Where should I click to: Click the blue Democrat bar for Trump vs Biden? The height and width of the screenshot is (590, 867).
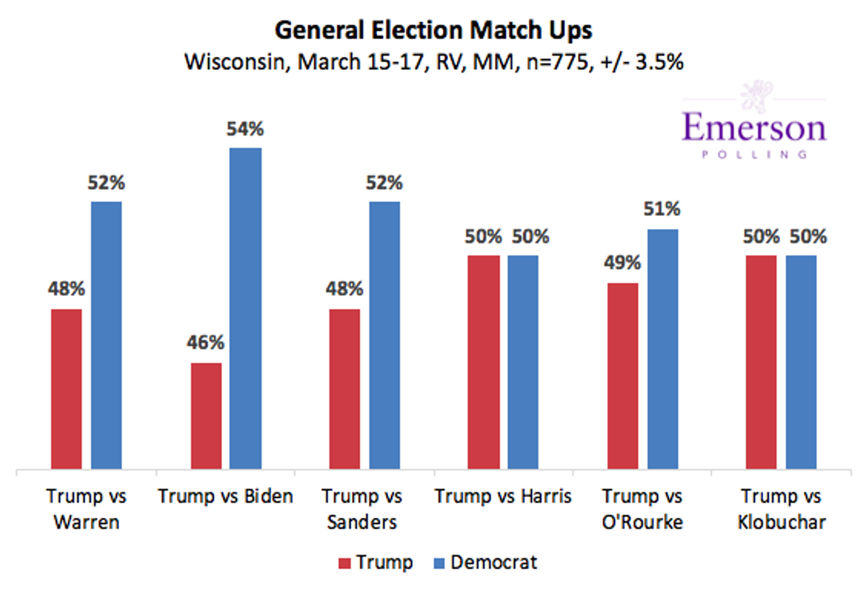point(246,308)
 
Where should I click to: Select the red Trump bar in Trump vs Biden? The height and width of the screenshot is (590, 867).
point(207,416)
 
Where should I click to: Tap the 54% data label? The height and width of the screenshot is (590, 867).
point(245,129)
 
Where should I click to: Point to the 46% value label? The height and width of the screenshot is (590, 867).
point(205,342)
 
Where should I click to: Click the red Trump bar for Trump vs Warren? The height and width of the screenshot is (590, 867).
point(66,389)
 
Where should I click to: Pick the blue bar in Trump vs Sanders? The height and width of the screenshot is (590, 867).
point(384,335)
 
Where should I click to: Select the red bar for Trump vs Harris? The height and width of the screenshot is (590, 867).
point(484,362)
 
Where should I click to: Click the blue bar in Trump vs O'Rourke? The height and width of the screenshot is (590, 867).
point(663,350)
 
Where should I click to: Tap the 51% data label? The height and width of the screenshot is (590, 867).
point(662,209)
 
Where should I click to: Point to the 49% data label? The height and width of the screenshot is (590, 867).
point(622,263)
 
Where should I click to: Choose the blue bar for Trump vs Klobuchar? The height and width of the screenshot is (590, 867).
point(801,362)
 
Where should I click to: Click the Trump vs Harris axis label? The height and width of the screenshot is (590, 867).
point(503,496)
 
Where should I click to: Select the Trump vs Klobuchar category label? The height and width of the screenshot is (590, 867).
point(782,509)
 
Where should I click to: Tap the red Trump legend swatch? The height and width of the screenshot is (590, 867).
point(345,563)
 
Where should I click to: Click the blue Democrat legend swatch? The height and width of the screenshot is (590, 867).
point(439,563)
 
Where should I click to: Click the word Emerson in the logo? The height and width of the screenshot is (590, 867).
point(754,127)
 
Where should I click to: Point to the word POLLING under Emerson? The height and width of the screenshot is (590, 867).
point(754,155)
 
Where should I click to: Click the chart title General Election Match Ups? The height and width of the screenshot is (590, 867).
point(433,30)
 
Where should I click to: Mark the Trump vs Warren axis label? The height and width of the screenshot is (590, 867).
point(86,509)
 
